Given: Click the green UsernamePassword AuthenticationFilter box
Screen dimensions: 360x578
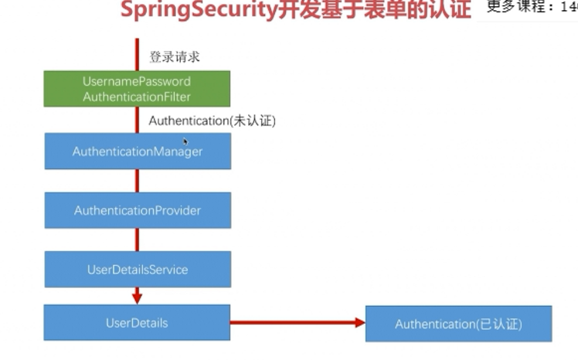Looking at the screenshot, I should point(137,89).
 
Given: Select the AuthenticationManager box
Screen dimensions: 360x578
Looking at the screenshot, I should point(138,151).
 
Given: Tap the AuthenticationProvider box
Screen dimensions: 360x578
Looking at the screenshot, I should point(138,210).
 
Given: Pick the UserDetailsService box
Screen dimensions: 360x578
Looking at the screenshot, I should point(138,270).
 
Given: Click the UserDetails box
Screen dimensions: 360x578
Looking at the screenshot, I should point(137,323).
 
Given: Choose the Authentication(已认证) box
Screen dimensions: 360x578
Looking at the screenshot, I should point(458,324).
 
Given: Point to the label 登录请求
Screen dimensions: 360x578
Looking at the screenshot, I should point(175,56).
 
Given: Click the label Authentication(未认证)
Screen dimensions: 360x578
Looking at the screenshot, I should point(212,121).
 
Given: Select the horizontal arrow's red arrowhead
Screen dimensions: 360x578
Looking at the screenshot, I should point(359,322).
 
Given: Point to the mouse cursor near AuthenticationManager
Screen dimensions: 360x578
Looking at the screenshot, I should point(185,141).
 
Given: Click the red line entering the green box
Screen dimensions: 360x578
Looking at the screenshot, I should point(138,54).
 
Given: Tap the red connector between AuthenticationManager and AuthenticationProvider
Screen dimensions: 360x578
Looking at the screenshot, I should point(138,181).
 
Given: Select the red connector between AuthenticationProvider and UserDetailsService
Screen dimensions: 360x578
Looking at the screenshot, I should point(138,239).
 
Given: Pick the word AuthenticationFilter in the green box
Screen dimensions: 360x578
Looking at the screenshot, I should point(137,97).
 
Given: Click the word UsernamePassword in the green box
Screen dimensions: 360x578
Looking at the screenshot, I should point(137,81).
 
